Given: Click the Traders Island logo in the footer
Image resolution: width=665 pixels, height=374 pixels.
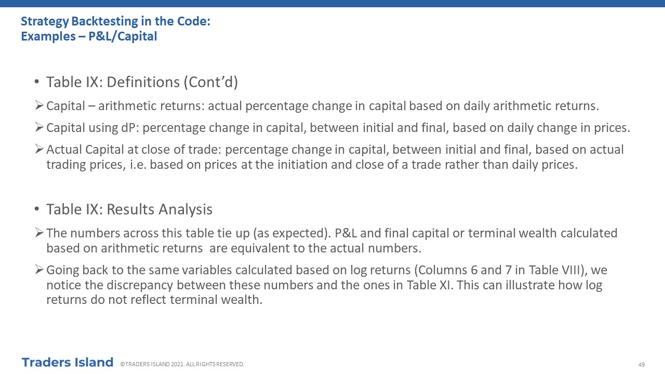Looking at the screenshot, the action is click(x=68, y=363).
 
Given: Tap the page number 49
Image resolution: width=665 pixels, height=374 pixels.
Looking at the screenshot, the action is click(x=641, y=365).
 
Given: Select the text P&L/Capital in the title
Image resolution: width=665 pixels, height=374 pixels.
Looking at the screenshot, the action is click(x=123, y=36).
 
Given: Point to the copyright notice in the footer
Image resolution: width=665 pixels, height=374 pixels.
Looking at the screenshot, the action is click(x=182, y=364).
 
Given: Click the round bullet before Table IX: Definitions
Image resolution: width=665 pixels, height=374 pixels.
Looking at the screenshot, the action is click(x=37, y=82).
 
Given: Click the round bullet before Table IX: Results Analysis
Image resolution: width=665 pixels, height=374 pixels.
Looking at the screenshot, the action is click(x=37, y=209).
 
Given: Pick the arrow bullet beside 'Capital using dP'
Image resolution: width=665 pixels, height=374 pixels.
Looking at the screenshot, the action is click(x=39, y=127).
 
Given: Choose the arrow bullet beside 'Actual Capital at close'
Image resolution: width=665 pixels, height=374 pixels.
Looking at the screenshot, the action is click(x=39, y=149).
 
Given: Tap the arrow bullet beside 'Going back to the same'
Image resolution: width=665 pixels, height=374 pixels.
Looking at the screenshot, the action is click(x=39, y=269).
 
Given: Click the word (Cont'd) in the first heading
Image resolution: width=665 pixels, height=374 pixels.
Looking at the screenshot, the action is click(x=211, y=82).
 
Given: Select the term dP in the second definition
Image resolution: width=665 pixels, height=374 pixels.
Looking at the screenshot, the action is click(x=130, y=128).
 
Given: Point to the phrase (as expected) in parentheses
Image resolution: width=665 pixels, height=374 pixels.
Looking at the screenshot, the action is click(x=292, y=233).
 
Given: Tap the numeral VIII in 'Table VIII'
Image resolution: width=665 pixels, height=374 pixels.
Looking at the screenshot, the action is click(x=566, y=270).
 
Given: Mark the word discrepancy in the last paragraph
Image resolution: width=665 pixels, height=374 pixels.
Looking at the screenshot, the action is click(x=140, y=285).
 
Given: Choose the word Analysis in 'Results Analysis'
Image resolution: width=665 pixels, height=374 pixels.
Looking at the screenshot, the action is click(x=185, y=209).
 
